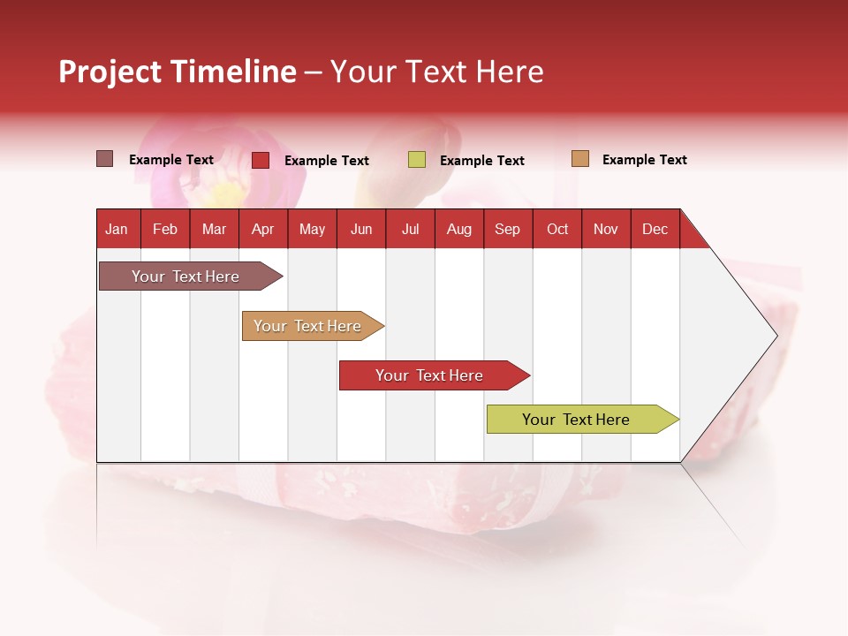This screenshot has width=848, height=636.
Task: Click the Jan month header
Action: (x=117, y=229)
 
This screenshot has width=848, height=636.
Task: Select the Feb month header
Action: (x=165, y=229)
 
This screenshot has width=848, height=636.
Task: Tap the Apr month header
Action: (x=262, y=229)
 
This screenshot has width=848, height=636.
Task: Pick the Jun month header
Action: (x=361, y=229)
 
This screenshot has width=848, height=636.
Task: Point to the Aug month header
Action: (x=458, y=229)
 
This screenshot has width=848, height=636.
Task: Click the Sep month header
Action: (x=507, y=229)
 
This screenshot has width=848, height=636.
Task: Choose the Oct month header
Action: (x=557, y=229)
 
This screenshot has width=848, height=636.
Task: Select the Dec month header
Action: (x=655, y=229)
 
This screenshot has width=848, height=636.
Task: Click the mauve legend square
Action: (x=105, y=159)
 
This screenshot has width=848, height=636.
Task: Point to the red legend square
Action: (x=261, y=160)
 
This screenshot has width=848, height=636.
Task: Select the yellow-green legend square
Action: (x=417, y=160)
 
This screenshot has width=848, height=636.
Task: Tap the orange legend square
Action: (x=580, y=159)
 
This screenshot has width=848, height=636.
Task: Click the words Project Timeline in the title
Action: (x=178, y=72)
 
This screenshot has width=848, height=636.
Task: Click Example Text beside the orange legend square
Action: (x=644, y=160)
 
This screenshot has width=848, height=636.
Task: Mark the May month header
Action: (x=312, y=229)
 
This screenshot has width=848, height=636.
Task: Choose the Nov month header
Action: (x=606, y=229)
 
